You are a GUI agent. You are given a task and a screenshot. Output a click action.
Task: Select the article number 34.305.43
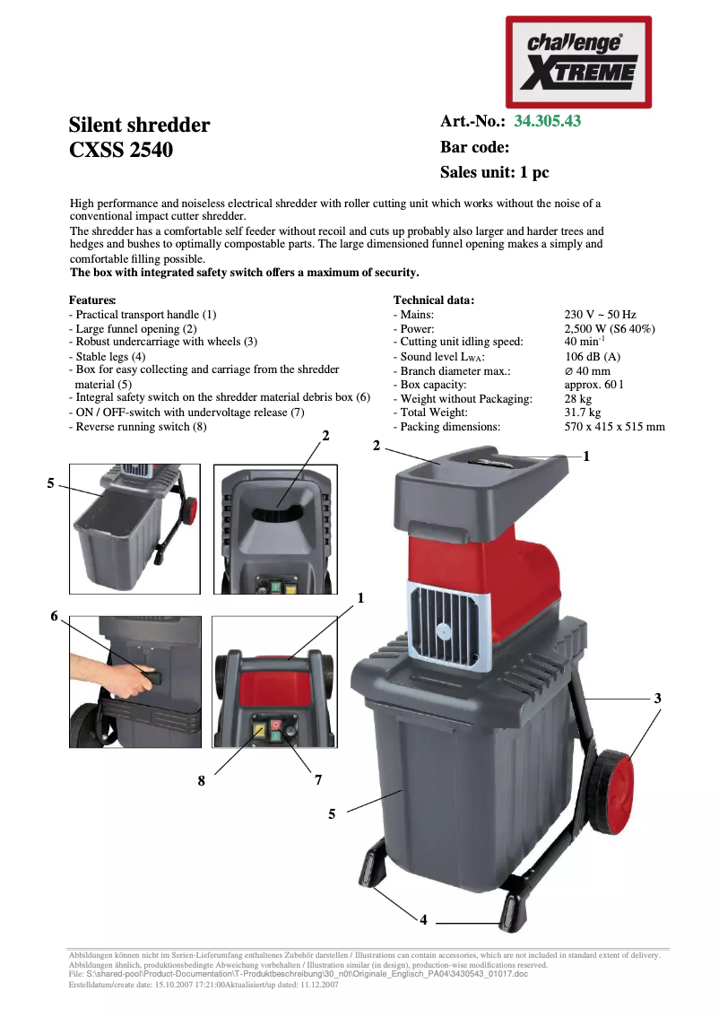[x=547, y=121]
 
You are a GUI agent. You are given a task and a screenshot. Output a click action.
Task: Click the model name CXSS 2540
[x=121, y=150]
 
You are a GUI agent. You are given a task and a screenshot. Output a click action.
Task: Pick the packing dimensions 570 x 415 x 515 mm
[x=614, y=426]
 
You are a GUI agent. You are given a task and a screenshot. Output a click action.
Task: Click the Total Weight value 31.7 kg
[x=584, y=413]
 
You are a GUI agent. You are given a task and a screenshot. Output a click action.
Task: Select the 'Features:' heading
[x=92, y=300]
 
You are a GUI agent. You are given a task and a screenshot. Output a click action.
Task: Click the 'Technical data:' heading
[x=434, y=300]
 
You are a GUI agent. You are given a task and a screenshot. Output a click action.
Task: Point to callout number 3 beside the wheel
[x=657, y=698]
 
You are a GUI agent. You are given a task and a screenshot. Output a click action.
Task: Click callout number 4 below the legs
[x=423, y=919]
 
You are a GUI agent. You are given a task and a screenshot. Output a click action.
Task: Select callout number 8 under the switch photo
[x=202, y=781]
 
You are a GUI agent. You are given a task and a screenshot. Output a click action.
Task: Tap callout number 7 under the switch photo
[x=317, y=780]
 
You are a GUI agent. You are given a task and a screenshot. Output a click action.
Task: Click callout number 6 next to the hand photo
[x=54, y=616]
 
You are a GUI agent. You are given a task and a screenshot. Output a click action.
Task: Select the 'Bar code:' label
[x=474, y=147]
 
